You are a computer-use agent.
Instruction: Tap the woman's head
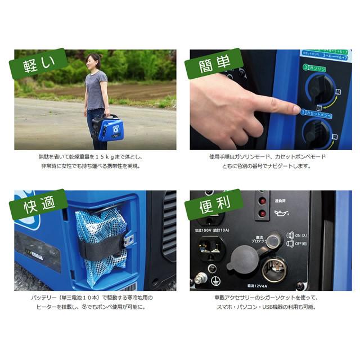click(93, 60)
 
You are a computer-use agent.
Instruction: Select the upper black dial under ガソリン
click(321, 88)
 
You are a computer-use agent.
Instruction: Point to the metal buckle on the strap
click(129, 240)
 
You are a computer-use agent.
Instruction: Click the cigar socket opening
click(274, 269)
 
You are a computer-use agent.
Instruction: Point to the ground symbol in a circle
click(215, 280)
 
